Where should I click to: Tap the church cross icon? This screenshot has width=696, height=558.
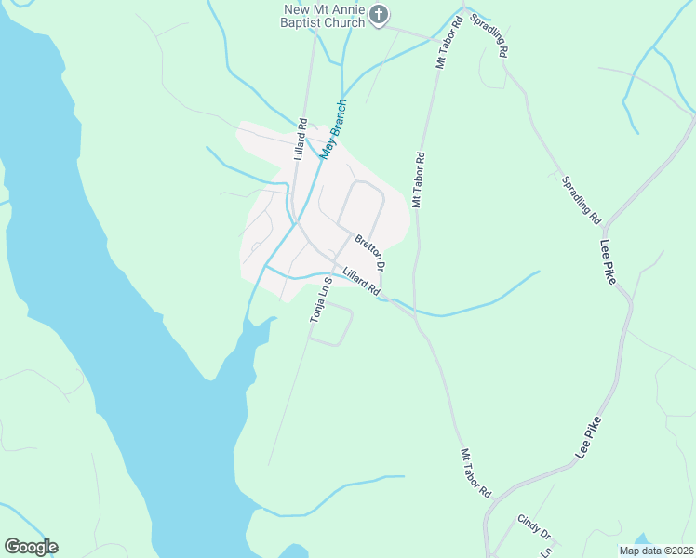pyautogui.click(x=378, y=14)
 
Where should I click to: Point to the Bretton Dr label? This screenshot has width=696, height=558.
pyautogui.click(x=370, y=253)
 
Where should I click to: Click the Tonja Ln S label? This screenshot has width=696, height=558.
pyautogui.click(x=320, y=300)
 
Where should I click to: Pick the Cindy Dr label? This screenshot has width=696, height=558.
pyautogui.click(x=534, y=527)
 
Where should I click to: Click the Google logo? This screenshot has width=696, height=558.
pyautogui.click(x=31, y=547)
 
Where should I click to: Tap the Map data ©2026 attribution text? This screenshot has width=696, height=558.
pyautogui.click(x=656, y=551)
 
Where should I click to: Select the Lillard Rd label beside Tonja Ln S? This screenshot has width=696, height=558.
pyautogui.click(x=361, y=283)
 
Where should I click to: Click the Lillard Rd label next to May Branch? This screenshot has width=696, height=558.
pyautogui.click(x=301, y=139)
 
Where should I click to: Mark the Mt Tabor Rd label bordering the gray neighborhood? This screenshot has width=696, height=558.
pyautogui.click(x=419, y=179)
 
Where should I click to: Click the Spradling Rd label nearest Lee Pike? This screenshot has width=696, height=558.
pyautogui.click(x=582, y=199)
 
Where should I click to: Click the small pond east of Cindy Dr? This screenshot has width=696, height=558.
pyautogui.click(x=642, y=539)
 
